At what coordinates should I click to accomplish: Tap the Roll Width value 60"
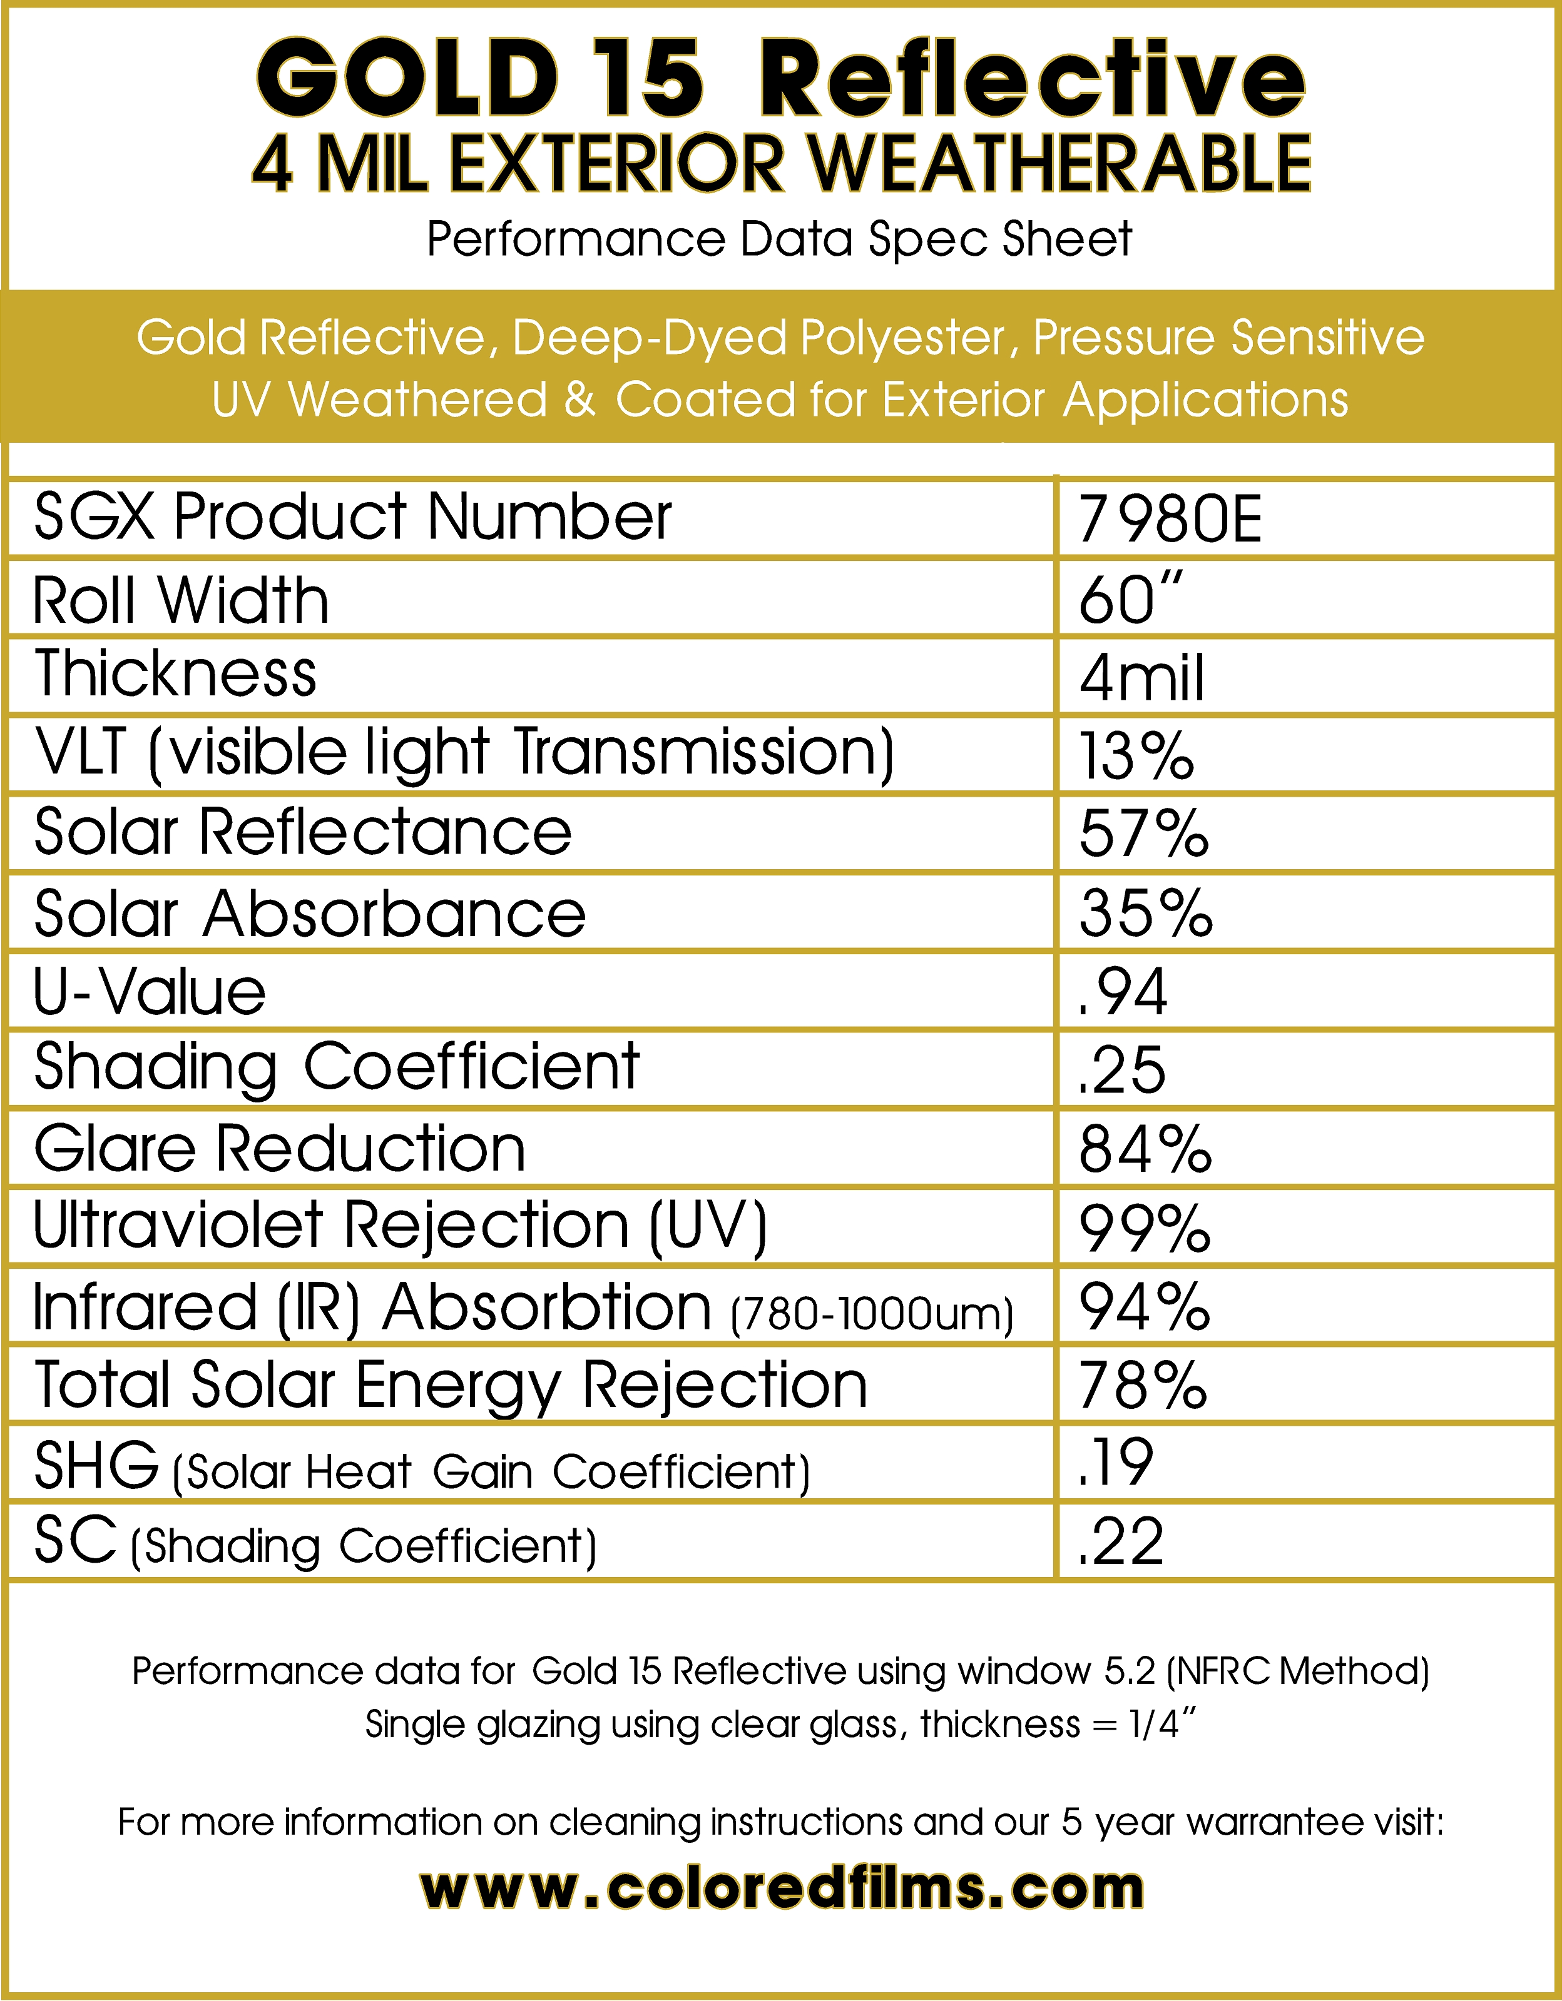[1130, 600]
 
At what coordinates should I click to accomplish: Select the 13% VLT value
[1136, 756]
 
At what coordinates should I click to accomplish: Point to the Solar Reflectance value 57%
[1144, 834]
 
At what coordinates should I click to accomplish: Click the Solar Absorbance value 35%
[1146, 914]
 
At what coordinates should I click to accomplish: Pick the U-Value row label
[150, 992]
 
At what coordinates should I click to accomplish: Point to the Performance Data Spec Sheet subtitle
[779, 239]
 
